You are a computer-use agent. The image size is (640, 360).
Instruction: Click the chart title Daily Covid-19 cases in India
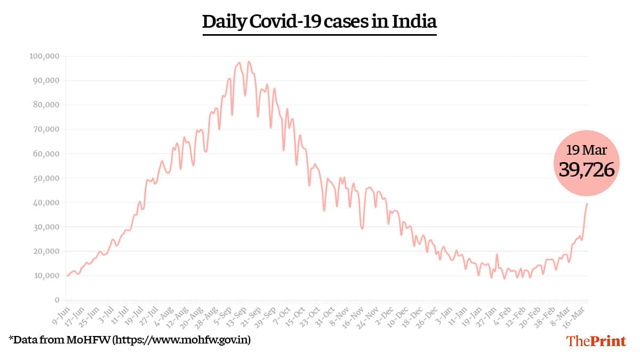pos(319,22)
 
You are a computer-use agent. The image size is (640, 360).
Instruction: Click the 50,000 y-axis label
pos(45,178)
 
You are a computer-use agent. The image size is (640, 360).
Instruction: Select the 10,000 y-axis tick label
pos(45,276)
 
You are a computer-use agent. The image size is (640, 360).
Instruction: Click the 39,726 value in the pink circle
pos(587,170)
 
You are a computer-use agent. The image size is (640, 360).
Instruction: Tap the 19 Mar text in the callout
pos(587,150)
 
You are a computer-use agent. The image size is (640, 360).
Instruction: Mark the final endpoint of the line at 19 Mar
pos(587,203)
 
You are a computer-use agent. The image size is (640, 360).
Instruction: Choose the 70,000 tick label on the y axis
pos(45,129)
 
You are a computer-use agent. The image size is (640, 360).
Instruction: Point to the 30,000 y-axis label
pos(45,227)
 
